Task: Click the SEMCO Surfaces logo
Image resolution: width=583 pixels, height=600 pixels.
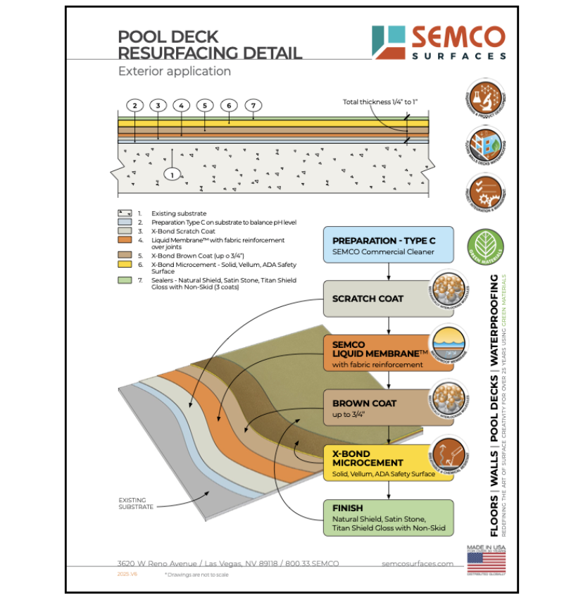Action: (x=438, y=42)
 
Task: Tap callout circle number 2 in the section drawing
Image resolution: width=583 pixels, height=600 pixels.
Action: (x=135, y=106)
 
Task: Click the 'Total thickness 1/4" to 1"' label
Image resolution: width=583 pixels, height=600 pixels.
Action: (x=380, y=102)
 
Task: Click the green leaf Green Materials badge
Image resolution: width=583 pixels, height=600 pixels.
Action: (x=484, y=246)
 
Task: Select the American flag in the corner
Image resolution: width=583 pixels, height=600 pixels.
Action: (x=486, y=562)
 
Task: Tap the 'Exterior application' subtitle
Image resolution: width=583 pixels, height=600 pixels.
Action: (x=175, y=71)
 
